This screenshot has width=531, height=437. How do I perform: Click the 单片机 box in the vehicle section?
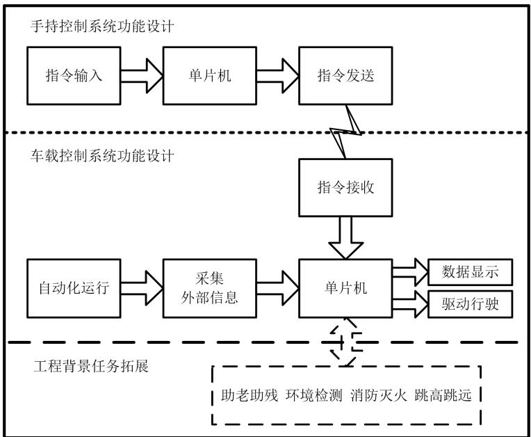[x=345, y=287]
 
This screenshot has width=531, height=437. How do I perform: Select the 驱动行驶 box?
[x=471, y=303]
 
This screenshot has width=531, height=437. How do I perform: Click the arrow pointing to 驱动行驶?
[x=409, y=303]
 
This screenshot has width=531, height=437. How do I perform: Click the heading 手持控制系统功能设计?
[x=101, y=28]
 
